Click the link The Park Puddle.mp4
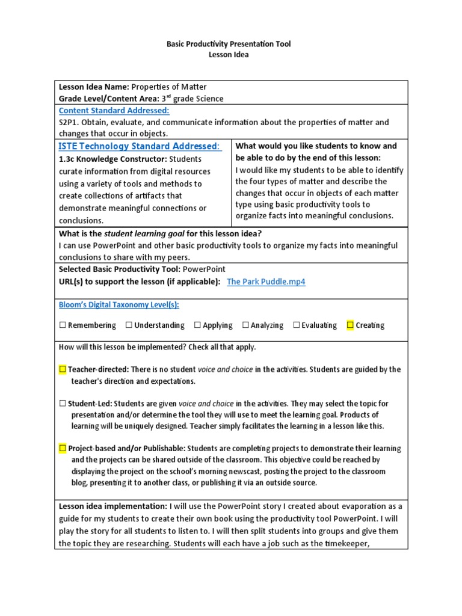coord(266,282)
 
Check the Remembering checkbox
coord(63,325)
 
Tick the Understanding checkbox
coord(129,325)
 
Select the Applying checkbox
coord(197,325)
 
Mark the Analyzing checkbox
coord(245,325)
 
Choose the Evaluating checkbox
coord(297,325)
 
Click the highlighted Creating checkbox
coord(350,325)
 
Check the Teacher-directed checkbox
coord(63,369)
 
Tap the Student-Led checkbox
coord(63,404)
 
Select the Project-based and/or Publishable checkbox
coord(63,449)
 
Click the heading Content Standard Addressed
coord(114,111)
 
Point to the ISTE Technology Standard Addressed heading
coord(140,147)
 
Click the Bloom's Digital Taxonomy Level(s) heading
coord(119,305)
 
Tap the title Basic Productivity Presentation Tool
coord(228,44)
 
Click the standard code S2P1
coord(69,122)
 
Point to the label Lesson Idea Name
coord(93,87)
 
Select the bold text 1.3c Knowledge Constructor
coord(112,159)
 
